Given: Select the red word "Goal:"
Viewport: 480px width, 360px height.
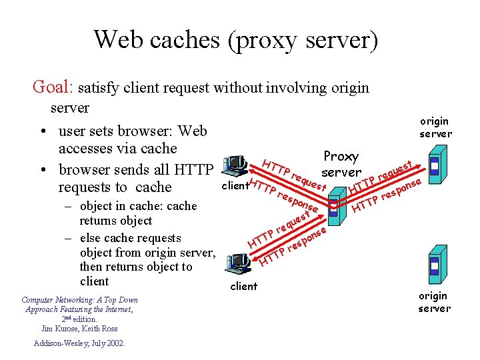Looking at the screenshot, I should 54,87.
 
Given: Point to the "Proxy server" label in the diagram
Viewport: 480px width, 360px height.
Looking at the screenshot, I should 341,164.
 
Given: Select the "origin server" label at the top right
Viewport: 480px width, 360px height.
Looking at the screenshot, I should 435,127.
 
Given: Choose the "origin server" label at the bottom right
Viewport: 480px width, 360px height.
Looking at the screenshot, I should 434,301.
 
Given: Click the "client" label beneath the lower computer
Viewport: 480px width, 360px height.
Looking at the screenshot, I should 243,286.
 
